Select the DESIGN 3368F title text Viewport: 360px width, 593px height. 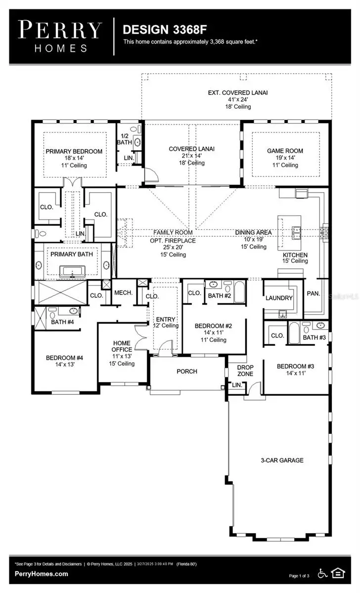(x=161, y=30)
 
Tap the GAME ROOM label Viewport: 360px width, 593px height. (x=285, y=151)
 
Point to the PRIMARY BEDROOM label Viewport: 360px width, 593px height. (x=74, y=151)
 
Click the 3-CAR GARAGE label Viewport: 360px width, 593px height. (x=282, y=460)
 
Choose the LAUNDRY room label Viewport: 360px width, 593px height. (x=279, y=298)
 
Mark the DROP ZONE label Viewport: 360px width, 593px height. (x=245, y=371)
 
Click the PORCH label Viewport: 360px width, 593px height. (x=187, y=372)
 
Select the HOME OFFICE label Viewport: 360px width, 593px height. (x=122, y=346)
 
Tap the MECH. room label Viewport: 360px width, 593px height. (x=123, y=293)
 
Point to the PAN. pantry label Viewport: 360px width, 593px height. (x=314, y=294)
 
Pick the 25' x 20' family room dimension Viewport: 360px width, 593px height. (x=173, y=248)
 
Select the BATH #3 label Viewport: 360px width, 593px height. (x=314, y=338)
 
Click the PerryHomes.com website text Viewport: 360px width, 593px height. (x=42, y=574)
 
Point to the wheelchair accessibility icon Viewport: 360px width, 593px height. (x=322, y=573)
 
